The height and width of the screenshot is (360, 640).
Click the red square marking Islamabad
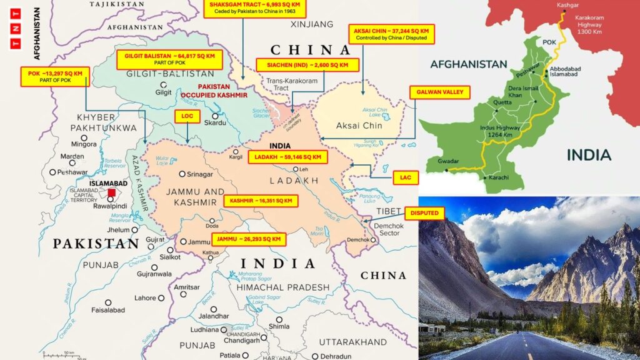(x=111, y=193)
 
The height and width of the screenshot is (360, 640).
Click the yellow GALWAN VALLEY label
(x=440, y=92)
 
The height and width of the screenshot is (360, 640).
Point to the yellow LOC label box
(x=187, y=116)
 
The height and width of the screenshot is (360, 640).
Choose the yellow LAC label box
(x=405, y=178)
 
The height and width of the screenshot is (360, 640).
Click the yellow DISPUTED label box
(x=424, y=214)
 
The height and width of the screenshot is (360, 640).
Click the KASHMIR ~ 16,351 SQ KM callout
(x=261, y=201)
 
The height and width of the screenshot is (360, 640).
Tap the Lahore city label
(x=145, y=297)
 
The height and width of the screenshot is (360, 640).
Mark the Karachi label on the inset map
(x=496, y=178)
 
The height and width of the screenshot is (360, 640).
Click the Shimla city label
(x=279, y=326)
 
